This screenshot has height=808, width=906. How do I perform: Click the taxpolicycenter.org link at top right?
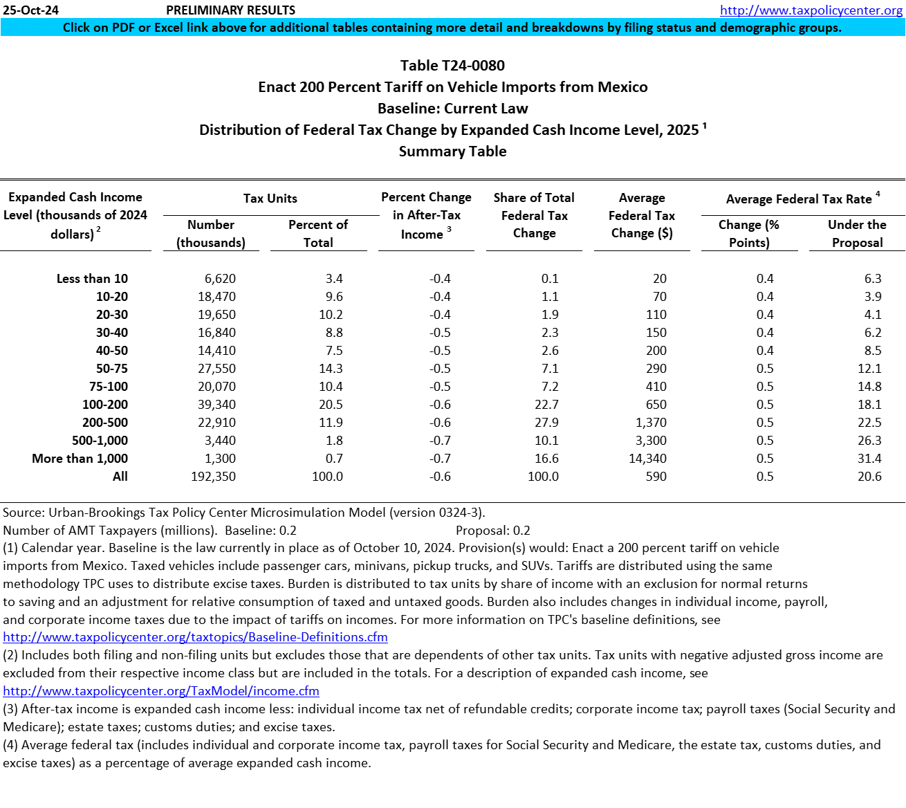811,10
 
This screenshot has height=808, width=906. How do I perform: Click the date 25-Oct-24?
31,10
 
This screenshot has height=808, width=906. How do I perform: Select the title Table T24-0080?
452,66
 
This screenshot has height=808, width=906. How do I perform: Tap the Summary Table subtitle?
452,151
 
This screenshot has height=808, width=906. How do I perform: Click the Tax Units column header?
270,199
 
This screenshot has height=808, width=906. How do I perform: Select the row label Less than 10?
92,279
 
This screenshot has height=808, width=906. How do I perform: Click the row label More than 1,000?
80,459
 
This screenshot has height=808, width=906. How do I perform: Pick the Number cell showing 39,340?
216,405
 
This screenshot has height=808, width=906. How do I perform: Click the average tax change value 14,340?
647,459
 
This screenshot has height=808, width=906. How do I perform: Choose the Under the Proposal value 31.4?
869,459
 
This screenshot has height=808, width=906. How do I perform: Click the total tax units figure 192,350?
213,477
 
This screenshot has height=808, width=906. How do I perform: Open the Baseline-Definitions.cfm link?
195,637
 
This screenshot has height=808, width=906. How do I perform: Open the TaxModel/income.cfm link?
161,691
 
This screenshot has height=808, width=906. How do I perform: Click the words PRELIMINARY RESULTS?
230,10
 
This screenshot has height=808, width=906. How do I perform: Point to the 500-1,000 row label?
100,441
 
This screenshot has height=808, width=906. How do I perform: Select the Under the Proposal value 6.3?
873,279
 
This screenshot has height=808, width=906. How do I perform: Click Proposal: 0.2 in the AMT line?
493,531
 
